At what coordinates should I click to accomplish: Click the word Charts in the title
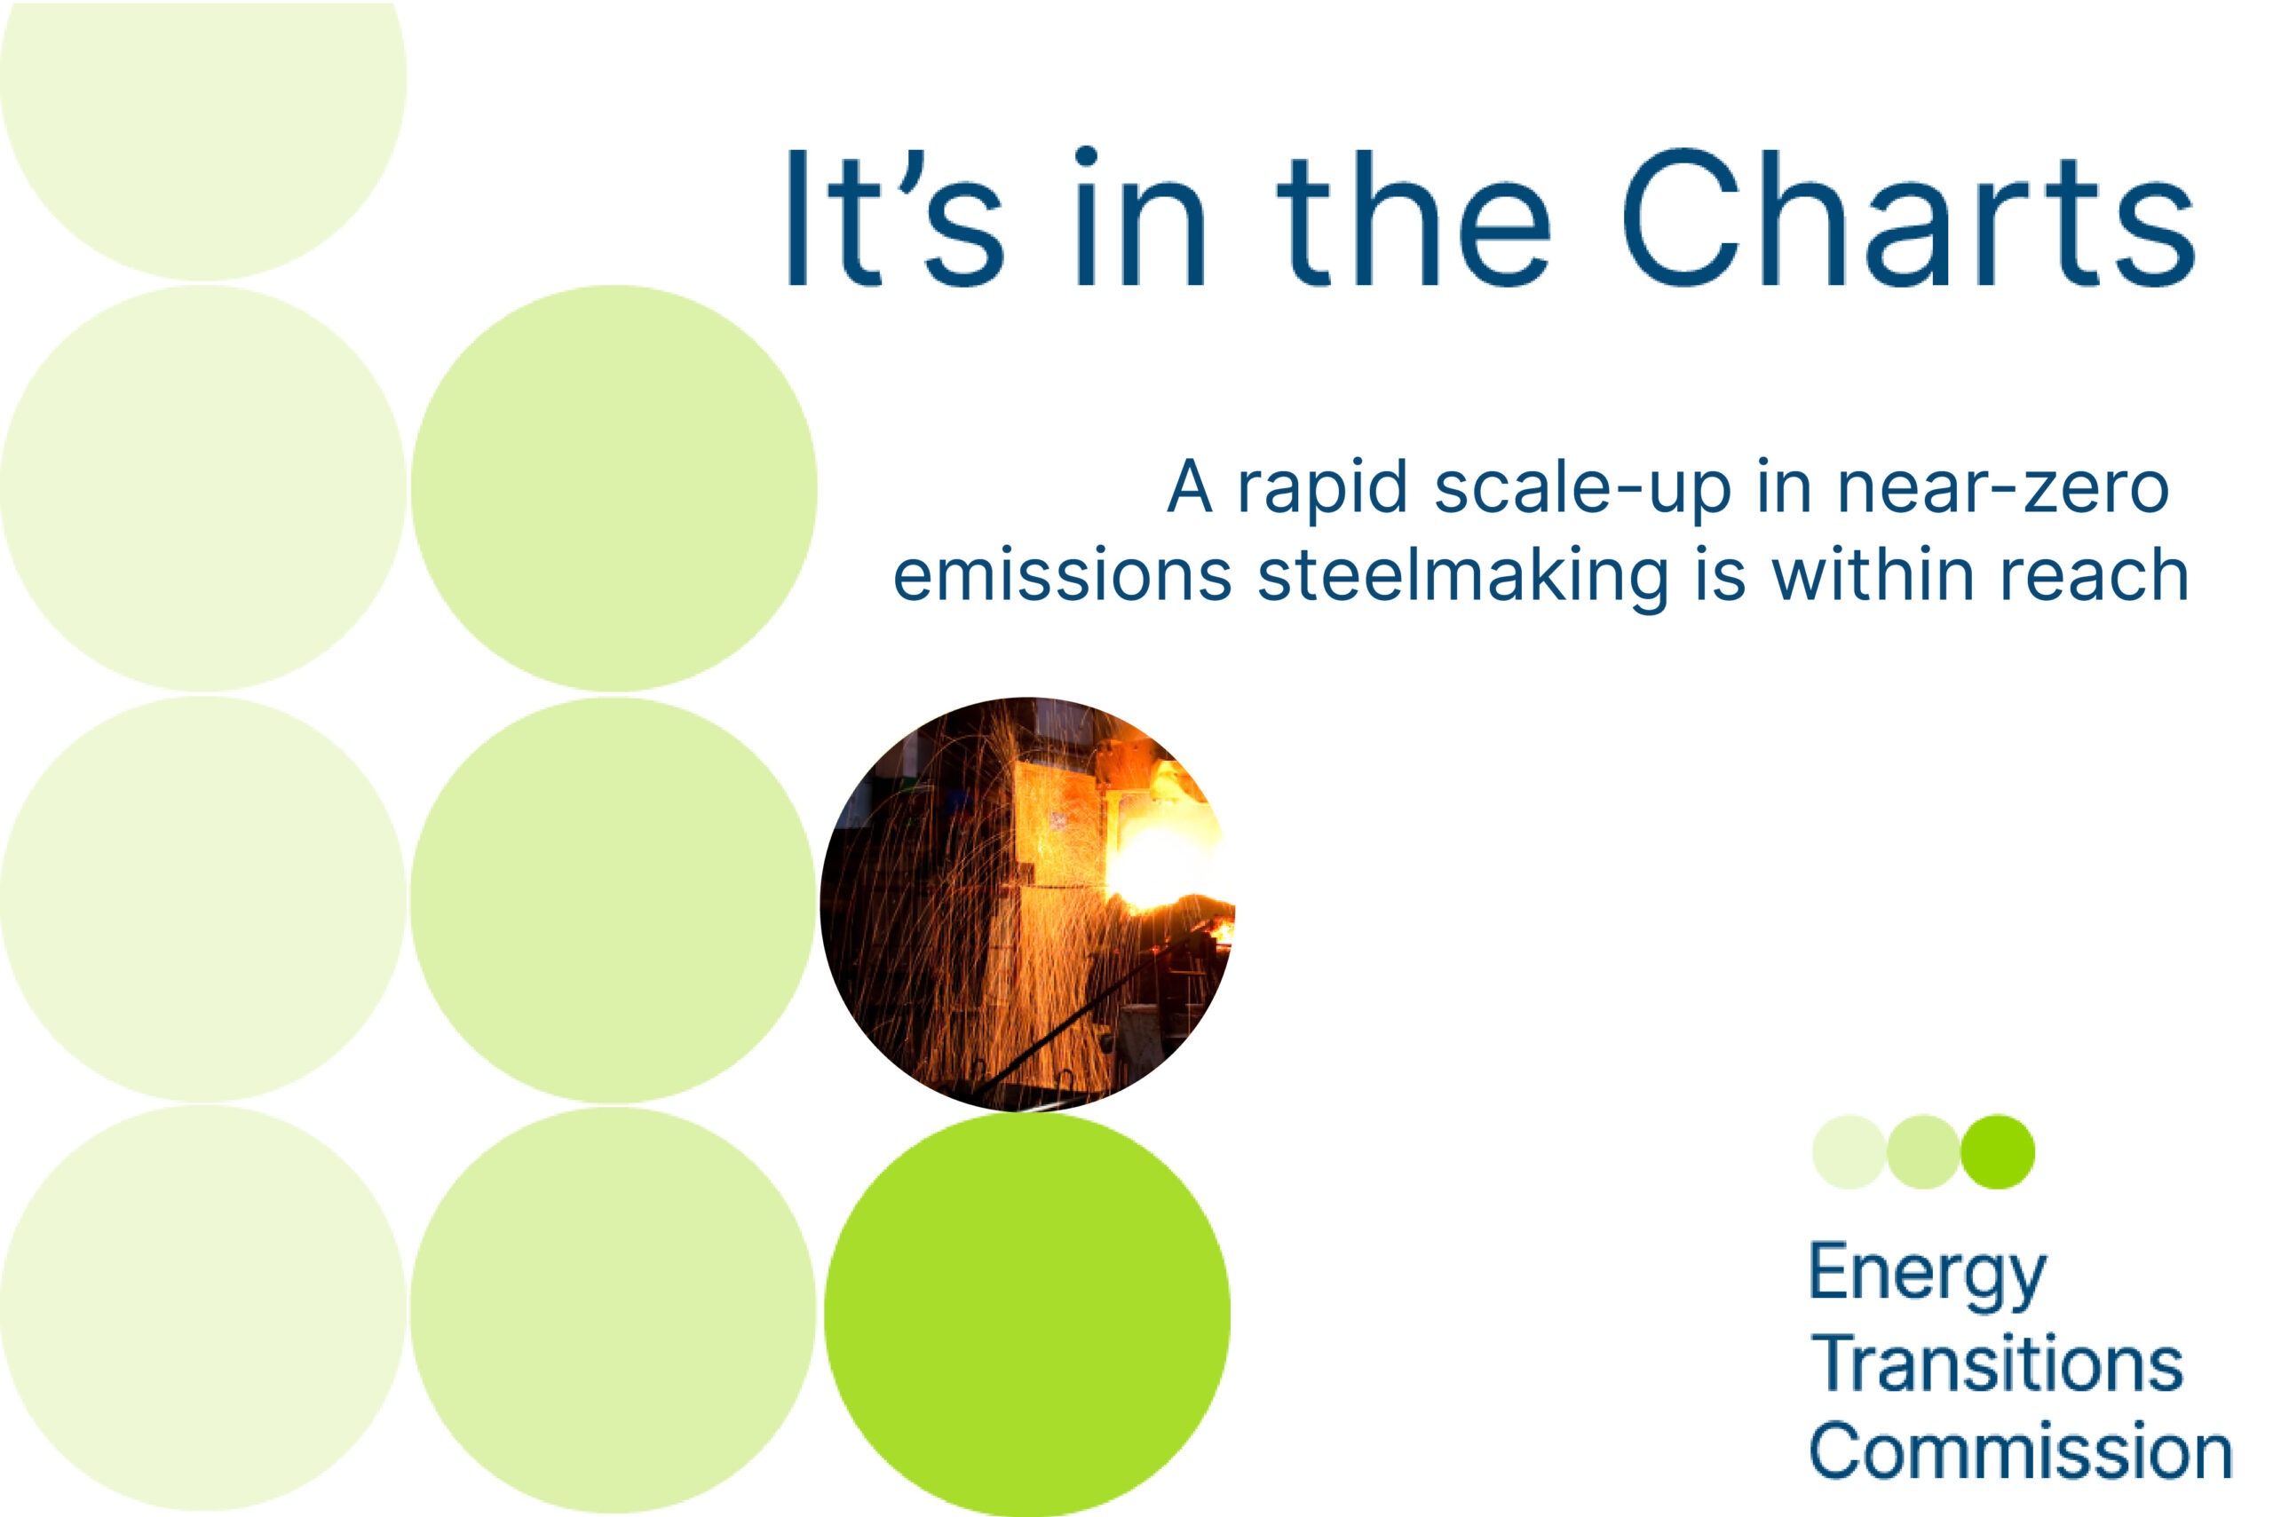coord(1907,217)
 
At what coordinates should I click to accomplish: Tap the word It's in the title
coord(896,217)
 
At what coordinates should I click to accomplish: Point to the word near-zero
coord(2003,487)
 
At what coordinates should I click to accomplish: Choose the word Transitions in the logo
coord(1997,1364)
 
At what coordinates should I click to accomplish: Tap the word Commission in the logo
coord(2022,1451)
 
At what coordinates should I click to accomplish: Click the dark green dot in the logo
coord(1998,1151)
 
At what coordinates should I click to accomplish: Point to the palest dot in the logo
coord(1849,1151)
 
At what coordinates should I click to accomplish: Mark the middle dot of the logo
coord(1924,1151)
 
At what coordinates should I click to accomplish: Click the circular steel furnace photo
coord(1027,904)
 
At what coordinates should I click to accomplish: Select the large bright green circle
coord(1027,1316)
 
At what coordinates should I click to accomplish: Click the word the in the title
coord(1414,217)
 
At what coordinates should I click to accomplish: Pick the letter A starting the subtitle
coord(1189,486)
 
